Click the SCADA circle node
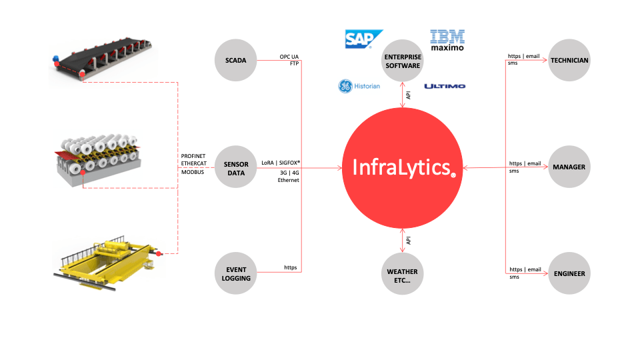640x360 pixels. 236,61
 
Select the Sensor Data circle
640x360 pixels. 236,168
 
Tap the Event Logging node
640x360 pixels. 236,273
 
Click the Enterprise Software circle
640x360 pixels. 402,61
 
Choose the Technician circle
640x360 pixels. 569,61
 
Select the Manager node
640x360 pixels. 569,167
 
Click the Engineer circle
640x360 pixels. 569,273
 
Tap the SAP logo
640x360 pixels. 363,39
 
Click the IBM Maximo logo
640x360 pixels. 447,40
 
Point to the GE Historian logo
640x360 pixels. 359,86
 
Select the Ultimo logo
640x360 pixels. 445,86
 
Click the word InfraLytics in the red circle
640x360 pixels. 401,167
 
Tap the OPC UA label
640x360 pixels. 289,57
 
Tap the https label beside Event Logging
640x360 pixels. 291,267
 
